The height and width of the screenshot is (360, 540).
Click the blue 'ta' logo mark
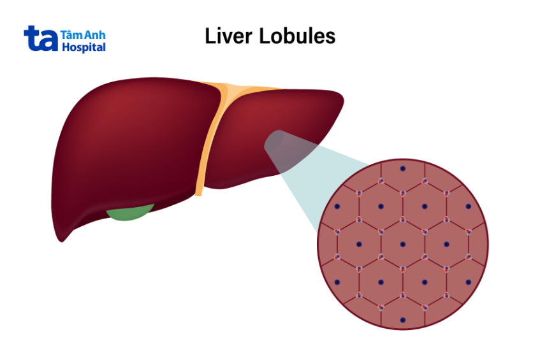pyautogui.click(x=40, y=39)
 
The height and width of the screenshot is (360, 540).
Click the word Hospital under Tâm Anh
pyautogui.click(x=84, y=47)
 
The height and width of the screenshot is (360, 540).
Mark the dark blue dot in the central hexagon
pyautogui.click(x=402, y=244)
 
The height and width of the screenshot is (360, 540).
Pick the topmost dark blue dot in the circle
pyautogui.click(x=402, y=169)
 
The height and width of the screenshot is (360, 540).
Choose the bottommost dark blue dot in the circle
pyautogui.click(x=402, y=320)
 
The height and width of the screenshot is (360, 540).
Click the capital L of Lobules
pyautogui.click(x=265, y=36)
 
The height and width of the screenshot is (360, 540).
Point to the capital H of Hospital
pyautogui.click(x=65, y=47)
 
